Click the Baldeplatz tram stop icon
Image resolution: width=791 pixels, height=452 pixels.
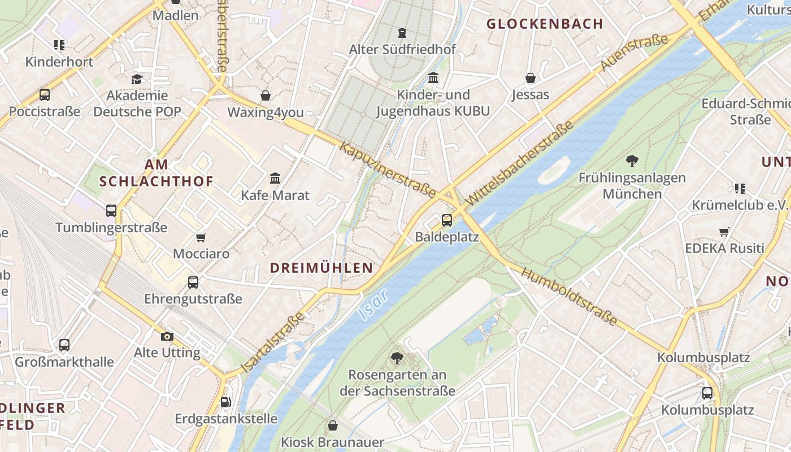tap(447, 220)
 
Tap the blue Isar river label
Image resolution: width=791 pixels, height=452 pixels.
tap(373, 306)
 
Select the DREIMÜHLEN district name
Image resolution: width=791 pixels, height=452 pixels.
tap(321, 268)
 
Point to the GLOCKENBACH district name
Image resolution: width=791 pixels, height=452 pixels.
tap(545, 24)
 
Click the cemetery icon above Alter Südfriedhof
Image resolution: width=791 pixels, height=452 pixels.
tap(402, 33)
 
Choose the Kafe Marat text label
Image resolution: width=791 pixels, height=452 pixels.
tap(275, 195)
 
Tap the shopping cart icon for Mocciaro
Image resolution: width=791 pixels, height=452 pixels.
tap(201, 237)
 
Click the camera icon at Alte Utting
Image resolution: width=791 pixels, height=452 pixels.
tap(167, 336)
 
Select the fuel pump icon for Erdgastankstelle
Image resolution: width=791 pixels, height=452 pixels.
tap(225, 402)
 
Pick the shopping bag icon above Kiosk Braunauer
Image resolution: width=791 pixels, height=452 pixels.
tap(333, 425)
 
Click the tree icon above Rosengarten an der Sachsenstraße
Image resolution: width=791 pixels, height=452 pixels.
tap(397, 358)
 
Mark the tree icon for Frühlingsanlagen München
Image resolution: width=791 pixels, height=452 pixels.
tap(632, 161)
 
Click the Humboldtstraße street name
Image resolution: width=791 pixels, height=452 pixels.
tap(568, 297)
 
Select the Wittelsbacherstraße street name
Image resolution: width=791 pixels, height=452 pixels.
tap(520, 163)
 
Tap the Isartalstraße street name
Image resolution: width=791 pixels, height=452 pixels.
tap(273, 342)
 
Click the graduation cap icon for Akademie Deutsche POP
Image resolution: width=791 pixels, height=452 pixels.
tap(137, 79)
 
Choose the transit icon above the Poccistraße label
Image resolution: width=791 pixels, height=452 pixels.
tap(44, 95)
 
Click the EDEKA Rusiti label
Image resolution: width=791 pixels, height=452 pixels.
tap(724, 249)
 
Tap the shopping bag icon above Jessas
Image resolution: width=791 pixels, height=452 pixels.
tap(530, 78)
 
